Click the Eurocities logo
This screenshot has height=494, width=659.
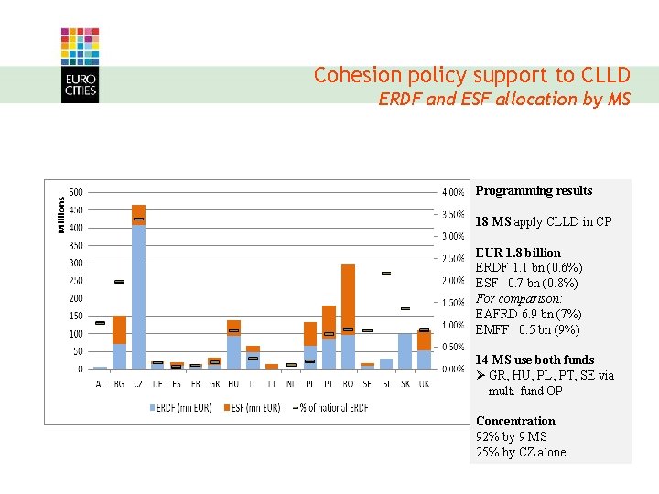[80, 65]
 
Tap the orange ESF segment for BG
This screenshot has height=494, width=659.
[119, 329]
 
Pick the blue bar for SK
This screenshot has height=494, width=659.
[405, 350]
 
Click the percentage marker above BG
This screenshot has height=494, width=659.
[119, 282]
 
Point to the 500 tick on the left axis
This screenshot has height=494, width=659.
[76, 192]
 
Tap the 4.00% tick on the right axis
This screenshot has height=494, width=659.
[453, 192]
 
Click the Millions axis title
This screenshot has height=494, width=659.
[62, 215]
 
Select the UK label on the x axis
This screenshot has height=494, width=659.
[425, 383]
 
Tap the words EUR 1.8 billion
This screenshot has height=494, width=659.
[518, 252]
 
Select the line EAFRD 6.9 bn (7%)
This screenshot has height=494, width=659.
[528, 314]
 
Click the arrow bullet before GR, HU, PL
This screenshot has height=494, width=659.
[481, 376]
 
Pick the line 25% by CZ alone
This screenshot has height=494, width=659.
[521, 452]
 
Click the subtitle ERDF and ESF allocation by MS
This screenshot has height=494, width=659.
[504, 99]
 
